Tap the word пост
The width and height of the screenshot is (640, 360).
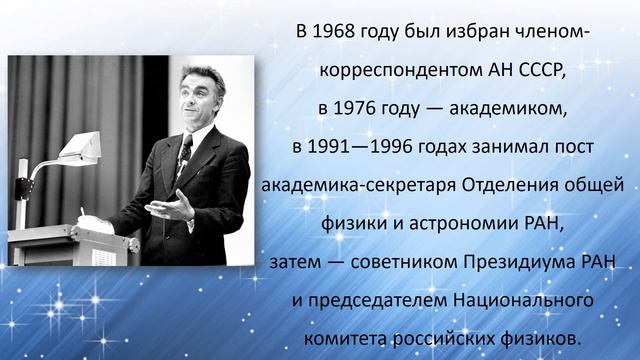click(x=573, y=147)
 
